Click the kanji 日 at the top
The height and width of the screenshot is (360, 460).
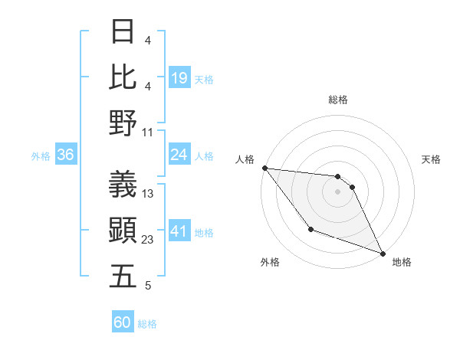pyautogui.click(x=123, y=32)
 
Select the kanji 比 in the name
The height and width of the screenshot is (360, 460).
pyautogui.click(x=123, y=77)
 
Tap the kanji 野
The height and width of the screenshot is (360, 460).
pyautogui.click(x=123, y=123)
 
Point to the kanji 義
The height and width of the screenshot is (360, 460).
pyautogui.click(x=123, y=185)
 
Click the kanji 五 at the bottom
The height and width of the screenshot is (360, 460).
pyautogui.click(x=123, y=276)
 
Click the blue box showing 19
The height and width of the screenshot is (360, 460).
pyautogui.click(x=179, y=77)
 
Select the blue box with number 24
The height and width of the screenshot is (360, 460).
pyautogui.click(x=179, y=155)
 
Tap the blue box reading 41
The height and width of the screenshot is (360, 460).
pyautogui.click(x=179, y=231)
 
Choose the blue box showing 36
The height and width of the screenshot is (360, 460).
pyautogui.click(x=65, y=155)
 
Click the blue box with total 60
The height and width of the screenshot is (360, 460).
pyautogui.click(x=123, y=322)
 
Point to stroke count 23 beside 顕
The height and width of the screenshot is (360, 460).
pyautogui.click(x=148, y=240)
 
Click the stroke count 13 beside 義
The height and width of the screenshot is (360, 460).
pyautogui.click(x=148, y=194)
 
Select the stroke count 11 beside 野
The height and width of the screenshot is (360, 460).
pyautogui.click(x=148, y=132)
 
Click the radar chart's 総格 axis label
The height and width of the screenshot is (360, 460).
pyautogui.click(x=338, y=100)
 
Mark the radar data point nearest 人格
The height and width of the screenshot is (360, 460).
pyautogui.click(x=264, y=168)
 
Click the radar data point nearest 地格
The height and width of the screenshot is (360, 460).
pyautogui.click(x=382, y=254)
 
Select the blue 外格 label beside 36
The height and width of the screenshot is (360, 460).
pyautogui.click(x=41, y=156)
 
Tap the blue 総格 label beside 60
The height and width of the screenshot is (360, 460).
pyautogui.click(x=147, y=324)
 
